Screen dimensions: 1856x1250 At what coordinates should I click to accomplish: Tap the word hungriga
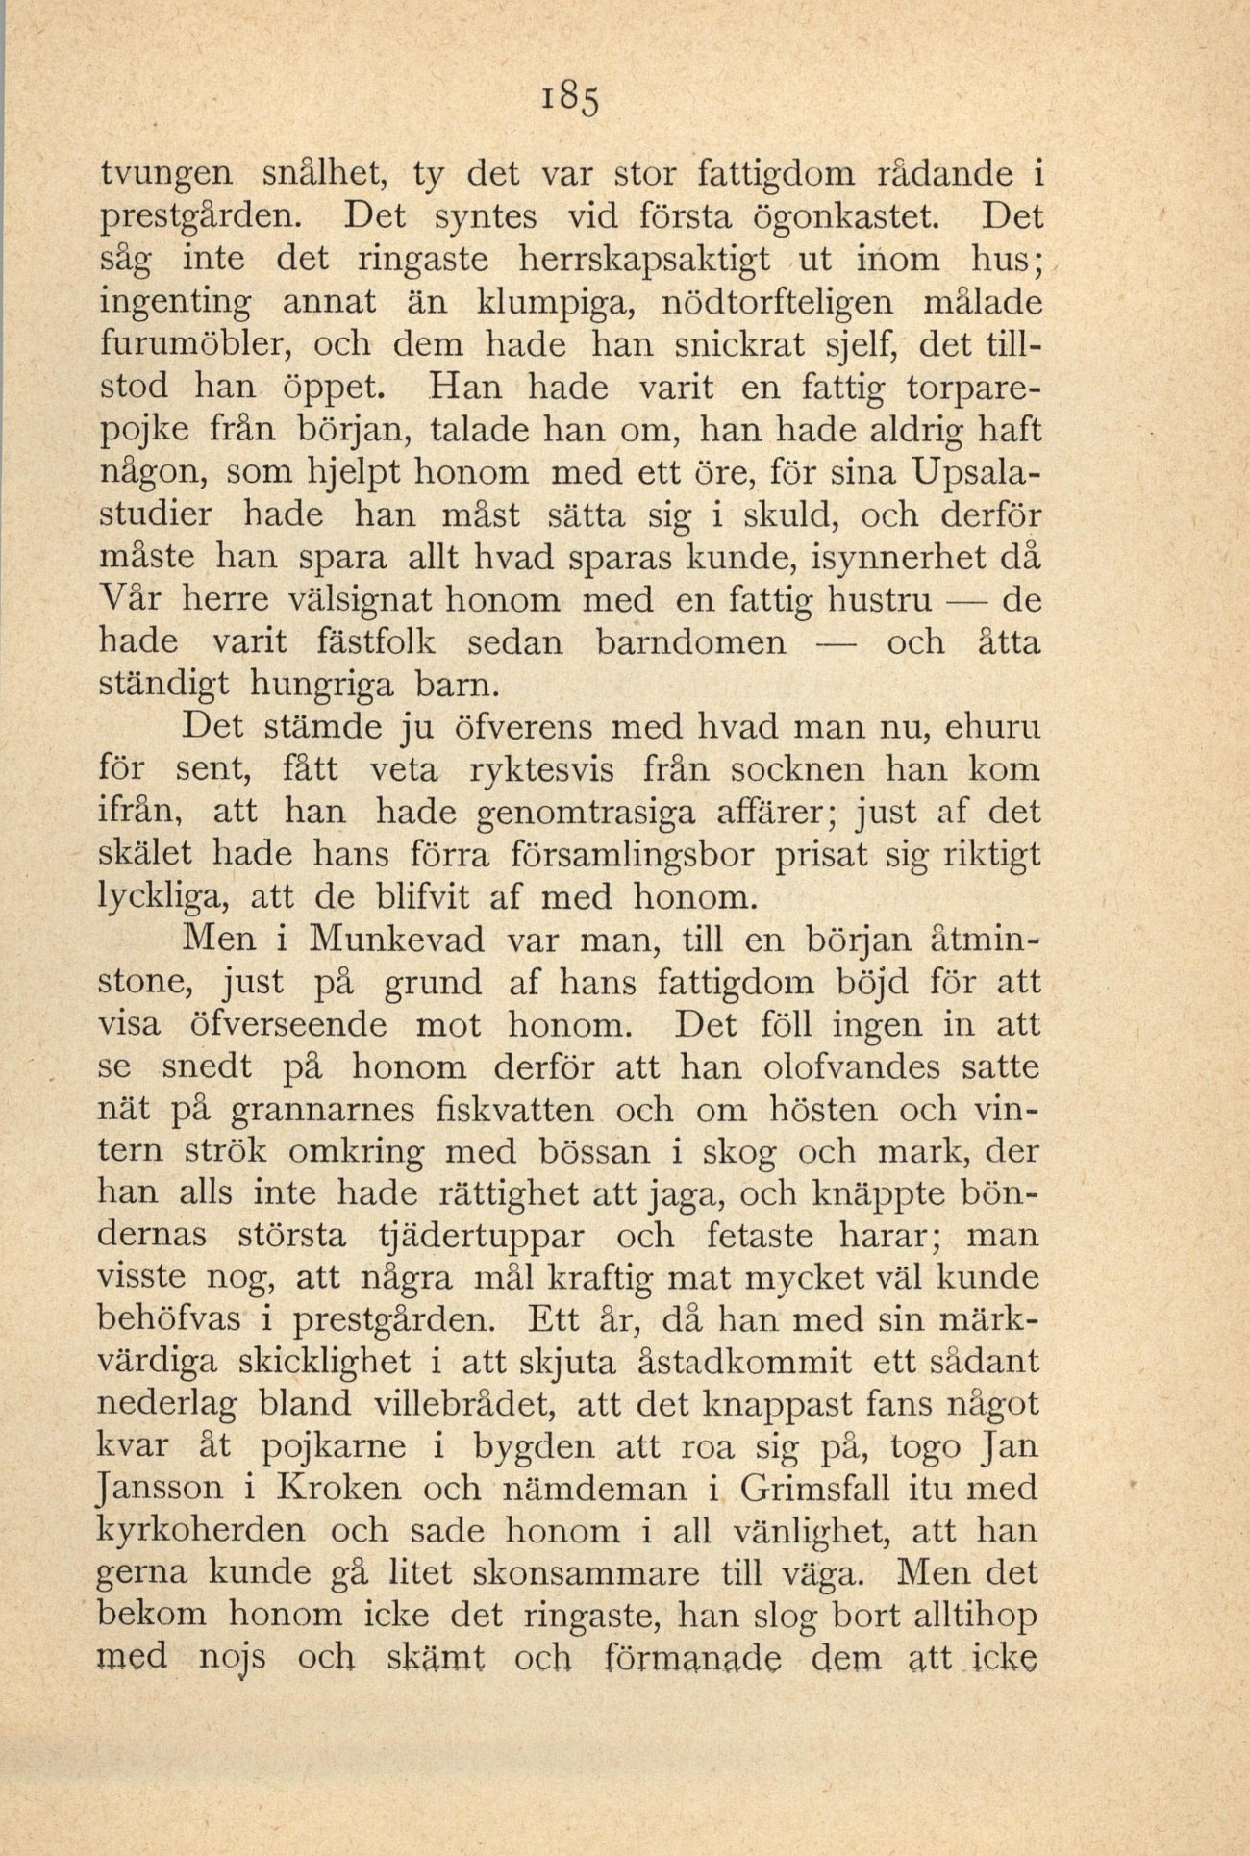pyautogui.click(x=321, y=685)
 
